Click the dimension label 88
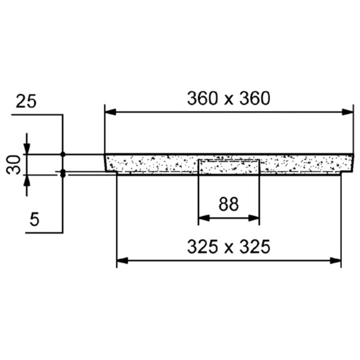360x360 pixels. point(229,204)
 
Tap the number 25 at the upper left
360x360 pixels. point(26,101)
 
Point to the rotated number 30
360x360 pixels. point(14,164)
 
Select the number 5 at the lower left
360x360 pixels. point(34,219)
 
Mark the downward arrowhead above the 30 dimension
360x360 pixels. point(26,149)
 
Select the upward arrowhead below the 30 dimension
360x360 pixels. point(26,181)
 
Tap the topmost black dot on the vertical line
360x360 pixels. point(62,154)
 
